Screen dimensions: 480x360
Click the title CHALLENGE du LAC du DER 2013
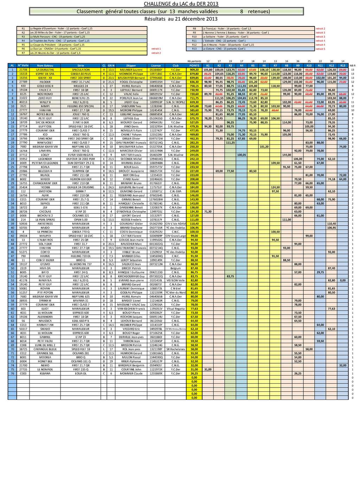tap(181, 4)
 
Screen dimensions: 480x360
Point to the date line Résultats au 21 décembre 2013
tap(181, 19)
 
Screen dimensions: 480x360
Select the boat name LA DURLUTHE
tap(45, 70)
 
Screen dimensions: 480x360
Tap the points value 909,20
tap(194, 70)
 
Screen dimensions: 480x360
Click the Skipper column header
tap(131, 66)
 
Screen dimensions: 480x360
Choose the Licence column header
tap(156, 66)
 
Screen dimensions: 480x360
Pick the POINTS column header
tap(194, 66)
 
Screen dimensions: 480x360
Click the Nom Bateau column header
tap(45, 66)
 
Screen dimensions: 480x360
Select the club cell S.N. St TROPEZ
tap(175, 102)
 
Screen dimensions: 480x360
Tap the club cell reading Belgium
tap(175, 268)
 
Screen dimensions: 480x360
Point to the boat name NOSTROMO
tap(45, 94)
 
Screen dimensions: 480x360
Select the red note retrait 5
tap(320, 49)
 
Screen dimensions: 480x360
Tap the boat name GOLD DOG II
tap(45, 86)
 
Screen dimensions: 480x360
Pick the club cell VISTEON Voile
tap(175, 281)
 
